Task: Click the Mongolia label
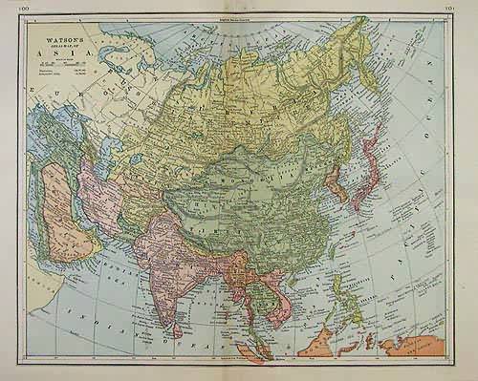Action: click(244, 181)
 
